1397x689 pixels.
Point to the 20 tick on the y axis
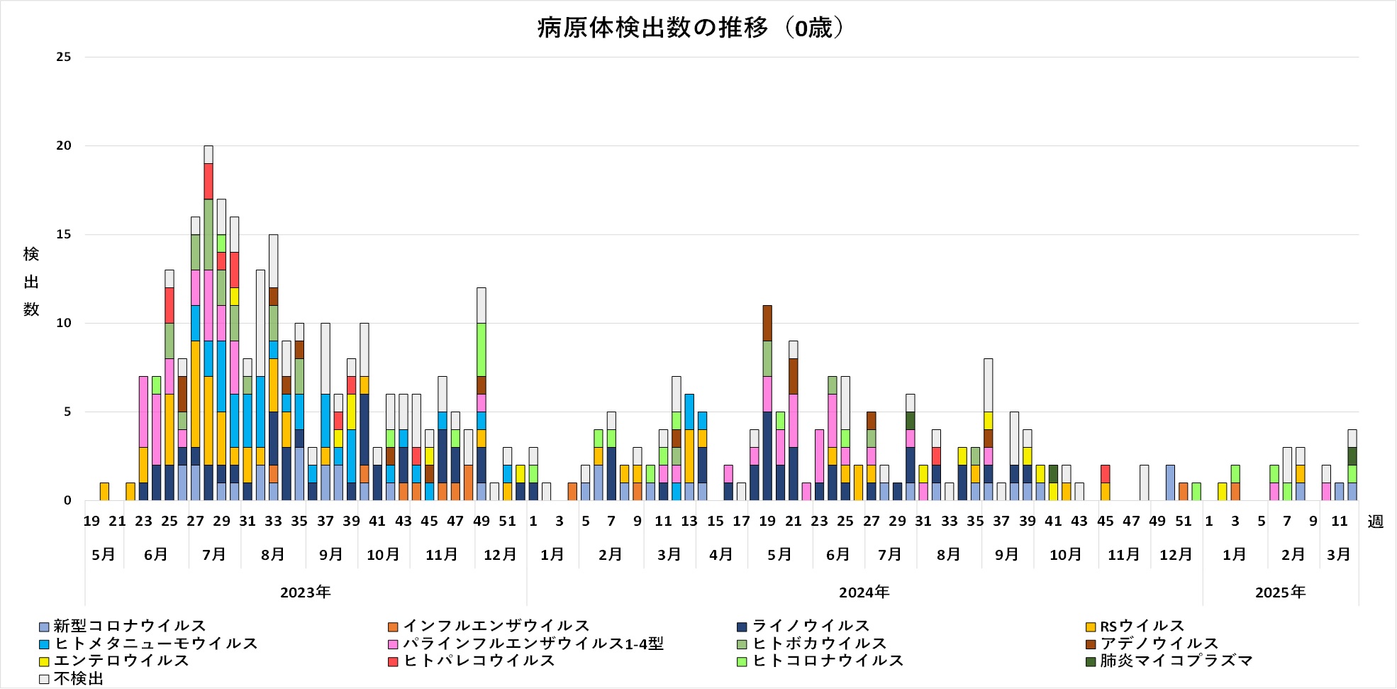[x=64, y=145]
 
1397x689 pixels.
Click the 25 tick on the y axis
[x=64, y=57]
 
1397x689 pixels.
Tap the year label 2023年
[x=305, y=592]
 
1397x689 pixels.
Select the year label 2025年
[x=1280, y=592]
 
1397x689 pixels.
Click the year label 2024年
[x=864, y=592]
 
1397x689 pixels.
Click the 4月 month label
[x=721, y=554]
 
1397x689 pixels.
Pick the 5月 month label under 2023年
[x=104, y=554]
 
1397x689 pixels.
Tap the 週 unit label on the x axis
[x=1375, y=522]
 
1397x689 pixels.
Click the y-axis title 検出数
[x=31, y=282]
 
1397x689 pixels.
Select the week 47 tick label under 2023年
[x=455, y=522]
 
